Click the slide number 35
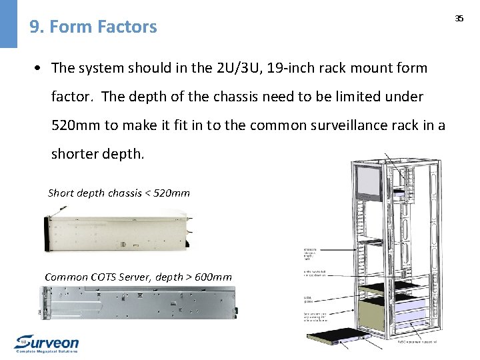[459, 19]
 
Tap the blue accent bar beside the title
[9, 24]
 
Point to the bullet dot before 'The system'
[41, 68]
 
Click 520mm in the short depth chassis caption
[171, 193]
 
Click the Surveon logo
[47, 343]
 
